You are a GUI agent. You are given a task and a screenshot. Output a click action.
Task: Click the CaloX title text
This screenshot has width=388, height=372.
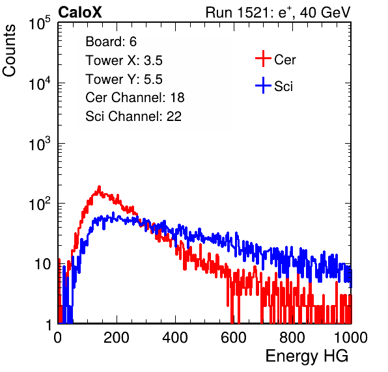click(x=80, y=12)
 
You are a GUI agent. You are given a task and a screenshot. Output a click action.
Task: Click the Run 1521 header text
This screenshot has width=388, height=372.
click(x=278, y=12)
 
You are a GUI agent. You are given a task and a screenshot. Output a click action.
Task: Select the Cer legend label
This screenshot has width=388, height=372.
click(x=284, y=60)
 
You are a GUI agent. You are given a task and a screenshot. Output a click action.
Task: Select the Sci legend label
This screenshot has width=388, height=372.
click(x=283, y=86)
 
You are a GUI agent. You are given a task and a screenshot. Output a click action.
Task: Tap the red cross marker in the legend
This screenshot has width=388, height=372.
click(x=263, y=59)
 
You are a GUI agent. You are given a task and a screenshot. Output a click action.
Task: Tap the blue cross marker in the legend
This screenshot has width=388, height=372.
click(x=263, y=85)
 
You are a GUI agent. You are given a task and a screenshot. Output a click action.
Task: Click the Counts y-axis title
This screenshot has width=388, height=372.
click(x=9, y=51)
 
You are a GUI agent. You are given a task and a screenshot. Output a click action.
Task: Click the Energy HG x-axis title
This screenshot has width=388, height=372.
click(x=307, y=356)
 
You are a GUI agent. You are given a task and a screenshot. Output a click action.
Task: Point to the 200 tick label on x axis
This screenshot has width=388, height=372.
click(x=117, y=338)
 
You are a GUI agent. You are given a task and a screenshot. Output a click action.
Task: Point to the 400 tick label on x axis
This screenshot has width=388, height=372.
click(x=175, y=338)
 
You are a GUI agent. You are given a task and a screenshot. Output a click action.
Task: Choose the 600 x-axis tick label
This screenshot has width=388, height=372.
click(x=234, y=338)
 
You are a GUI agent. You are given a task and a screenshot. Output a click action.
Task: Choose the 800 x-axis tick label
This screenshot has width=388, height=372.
click(x=292, y=338)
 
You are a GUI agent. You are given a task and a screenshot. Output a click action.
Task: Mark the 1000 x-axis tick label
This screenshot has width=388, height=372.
click(x=351, y=338)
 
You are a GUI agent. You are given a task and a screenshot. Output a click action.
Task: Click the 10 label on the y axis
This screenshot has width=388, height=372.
click(x=42, y=264)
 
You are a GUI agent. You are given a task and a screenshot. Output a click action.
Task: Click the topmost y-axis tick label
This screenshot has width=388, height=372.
click(x=40, y=23)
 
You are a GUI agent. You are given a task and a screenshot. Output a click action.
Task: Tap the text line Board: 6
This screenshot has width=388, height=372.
click(x=111, y=42)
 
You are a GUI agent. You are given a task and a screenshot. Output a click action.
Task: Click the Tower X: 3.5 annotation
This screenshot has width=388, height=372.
click(x=124, y=60)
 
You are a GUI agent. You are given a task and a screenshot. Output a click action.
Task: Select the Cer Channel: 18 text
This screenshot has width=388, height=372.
click(x=135, y=98)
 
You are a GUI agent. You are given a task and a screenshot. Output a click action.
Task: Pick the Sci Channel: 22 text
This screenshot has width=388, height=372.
click(x=133, y=116)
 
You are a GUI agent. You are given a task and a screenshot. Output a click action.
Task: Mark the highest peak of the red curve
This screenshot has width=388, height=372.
click(x=99, y=187)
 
